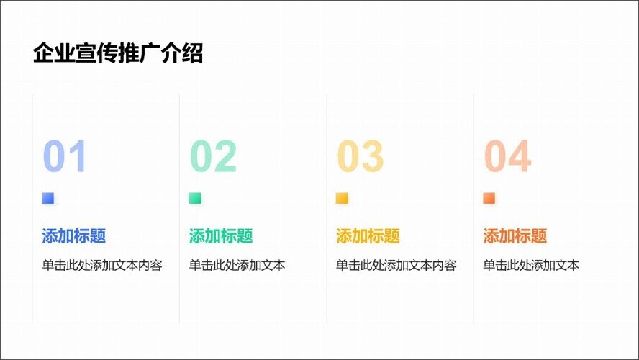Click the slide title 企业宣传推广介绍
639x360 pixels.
[118, 53]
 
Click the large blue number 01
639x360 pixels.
[64, 156]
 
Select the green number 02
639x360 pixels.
[213, 156]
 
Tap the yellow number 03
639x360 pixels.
[361, 156]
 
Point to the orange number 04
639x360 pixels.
[508, 156]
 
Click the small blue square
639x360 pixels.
[47, 198]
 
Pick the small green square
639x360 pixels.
[195, 198]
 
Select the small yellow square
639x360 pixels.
[342, 198]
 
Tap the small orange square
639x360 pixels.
[489, 198]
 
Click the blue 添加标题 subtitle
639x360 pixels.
[74, 235]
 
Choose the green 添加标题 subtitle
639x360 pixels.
[221, 235]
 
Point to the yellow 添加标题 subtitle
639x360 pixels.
[368, 235]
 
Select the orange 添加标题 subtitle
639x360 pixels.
[515, 235]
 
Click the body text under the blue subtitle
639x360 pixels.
[102, 266]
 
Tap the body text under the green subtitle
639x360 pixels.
[237, 266]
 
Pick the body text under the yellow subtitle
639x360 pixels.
[396, 266]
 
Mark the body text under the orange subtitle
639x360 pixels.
[531, 266]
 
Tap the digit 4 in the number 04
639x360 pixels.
[520, 156]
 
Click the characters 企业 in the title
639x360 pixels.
[54, 53]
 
